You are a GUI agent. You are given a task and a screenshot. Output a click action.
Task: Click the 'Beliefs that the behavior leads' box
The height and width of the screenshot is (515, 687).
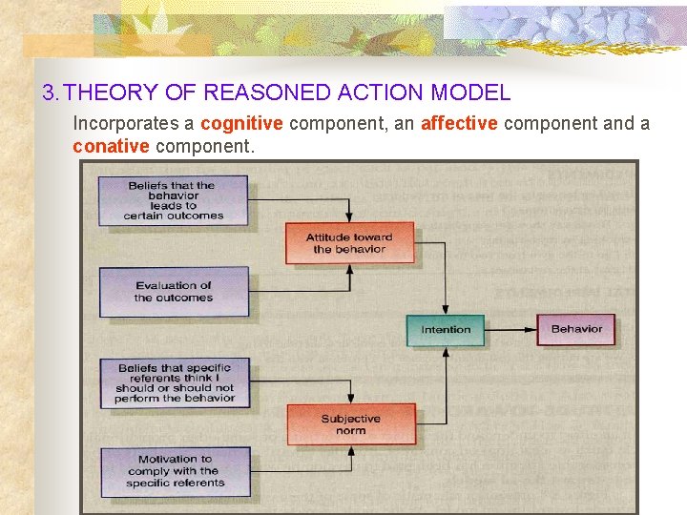pyautogui.click(x=173, y=200)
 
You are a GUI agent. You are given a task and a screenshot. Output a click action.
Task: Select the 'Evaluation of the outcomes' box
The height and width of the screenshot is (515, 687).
pyautogui.click(x=173, y=291)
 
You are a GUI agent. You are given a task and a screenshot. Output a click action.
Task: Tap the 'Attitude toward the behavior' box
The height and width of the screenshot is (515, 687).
pyautogui.click(x=349, y=243)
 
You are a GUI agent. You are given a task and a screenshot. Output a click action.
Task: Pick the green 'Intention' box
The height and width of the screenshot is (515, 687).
pyautogui.click(x=446, y=329)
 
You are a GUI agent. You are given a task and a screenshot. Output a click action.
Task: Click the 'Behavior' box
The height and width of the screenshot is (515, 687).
pyautogui.click(x=576, y=329)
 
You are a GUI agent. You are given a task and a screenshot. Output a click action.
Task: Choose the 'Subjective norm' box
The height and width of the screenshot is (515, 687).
pyautogui.click(x=350, y=424)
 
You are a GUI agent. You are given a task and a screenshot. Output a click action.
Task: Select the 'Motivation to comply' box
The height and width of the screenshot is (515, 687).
pyautogui.click(x=175, y=471)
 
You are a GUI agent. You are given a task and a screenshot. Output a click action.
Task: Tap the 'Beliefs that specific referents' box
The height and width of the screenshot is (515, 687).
pyautogui.click(x=175, y=382)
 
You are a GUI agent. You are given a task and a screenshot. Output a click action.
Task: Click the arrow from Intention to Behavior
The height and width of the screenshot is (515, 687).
pyautogui.click(x=510, y=330)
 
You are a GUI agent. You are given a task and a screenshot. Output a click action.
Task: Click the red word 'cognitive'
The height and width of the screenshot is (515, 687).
pyautogui.click(x=241, y=123)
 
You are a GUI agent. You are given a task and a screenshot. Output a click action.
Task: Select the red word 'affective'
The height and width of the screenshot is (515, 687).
pyautogui.click(x=459, y=123)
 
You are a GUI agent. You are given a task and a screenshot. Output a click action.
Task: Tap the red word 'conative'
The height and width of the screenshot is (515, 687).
pyautogui.click(x=111, y=146)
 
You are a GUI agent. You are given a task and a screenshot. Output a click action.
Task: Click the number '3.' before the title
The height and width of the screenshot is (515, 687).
pyautogui.click(x=52, y=93)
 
